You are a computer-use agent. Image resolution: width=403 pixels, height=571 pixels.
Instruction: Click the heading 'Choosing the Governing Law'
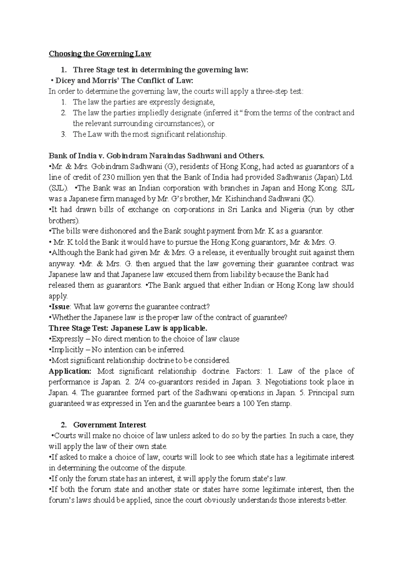coord(100,54)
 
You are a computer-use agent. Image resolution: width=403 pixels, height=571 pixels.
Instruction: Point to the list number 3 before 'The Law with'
coord(63,135)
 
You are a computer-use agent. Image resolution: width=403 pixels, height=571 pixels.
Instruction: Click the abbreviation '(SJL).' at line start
coord(58,188)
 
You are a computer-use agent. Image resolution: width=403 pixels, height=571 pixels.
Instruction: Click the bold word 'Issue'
coord(60,307)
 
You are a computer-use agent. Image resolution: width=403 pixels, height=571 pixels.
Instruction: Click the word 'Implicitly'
coord(66,350)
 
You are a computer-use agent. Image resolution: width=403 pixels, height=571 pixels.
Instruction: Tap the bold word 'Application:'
coord(70,371)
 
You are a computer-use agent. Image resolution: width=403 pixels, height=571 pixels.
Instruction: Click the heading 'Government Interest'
coord(109,425)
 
